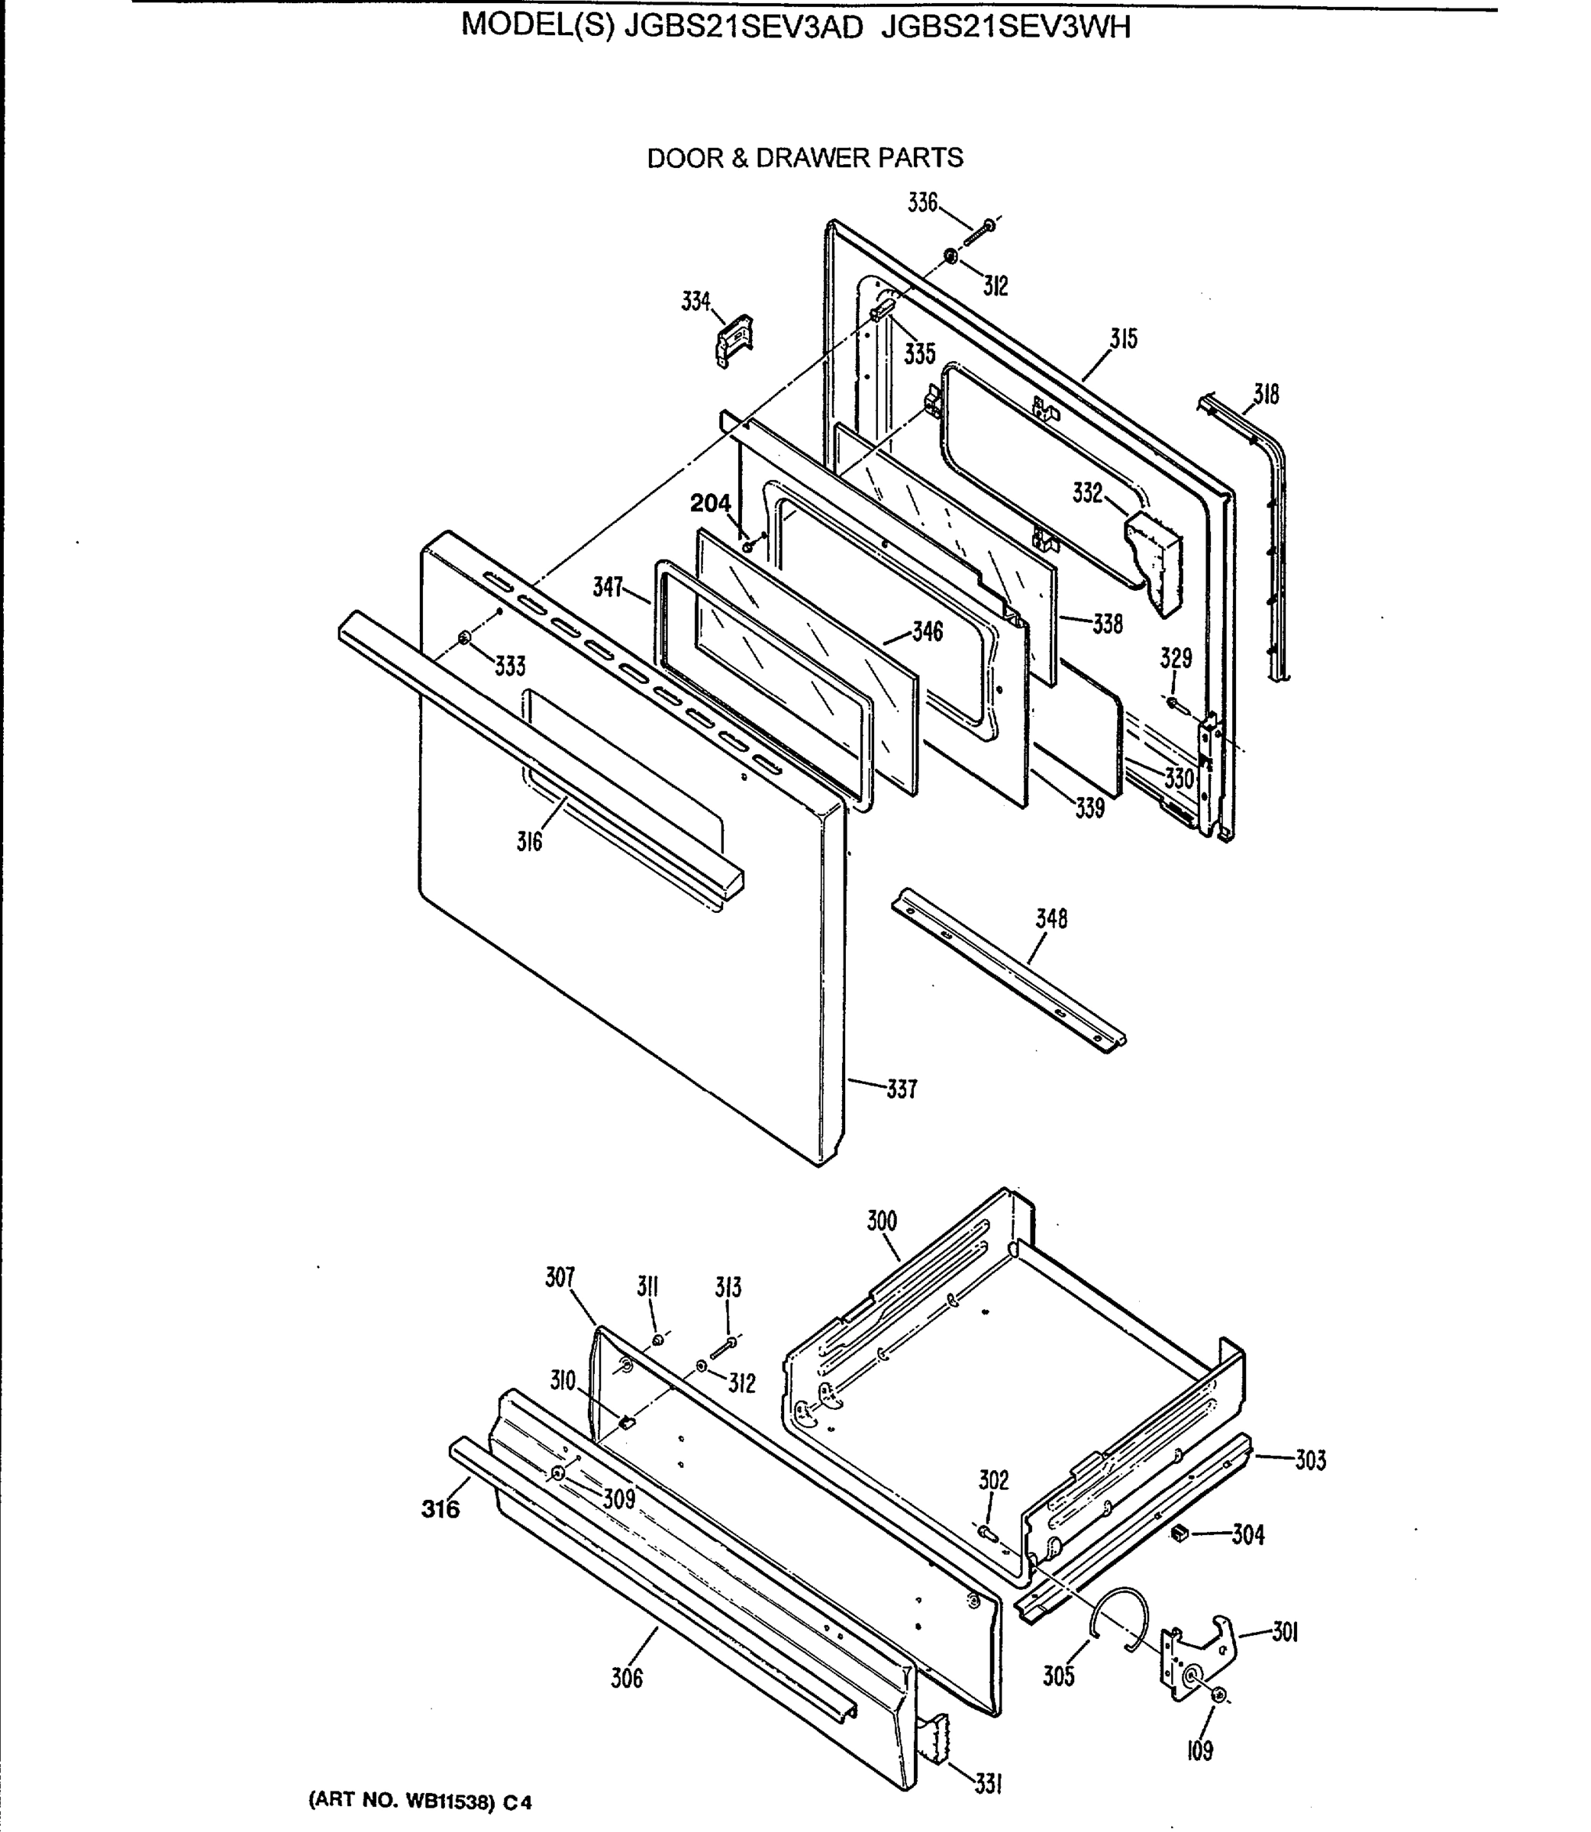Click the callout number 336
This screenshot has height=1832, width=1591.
point(921,203)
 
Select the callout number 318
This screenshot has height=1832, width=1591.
point(1266,394)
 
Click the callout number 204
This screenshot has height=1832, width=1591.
point(710,504)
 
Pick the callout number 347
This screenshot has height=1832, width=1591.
point(608,587)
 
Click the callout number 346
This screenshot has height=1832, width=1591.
point(927,632)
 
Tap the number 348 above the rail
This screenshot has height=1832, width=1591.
point(1050,918)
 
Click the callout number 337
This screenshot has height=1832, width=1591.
point(901,1089)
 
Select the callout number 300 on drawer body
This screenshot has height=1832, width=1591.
point(882,1221)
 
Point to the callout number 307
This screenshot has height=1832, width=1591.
point(560,1278)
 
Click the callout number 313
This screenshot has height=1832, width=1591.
point(728,1288)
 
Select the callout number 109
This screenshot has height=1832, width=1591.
point(1199,1751)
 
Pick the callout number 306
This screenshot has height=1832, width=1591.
point(626,1679)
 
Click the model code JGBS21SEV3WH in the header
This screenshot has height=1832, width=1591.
point(1006,27)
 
